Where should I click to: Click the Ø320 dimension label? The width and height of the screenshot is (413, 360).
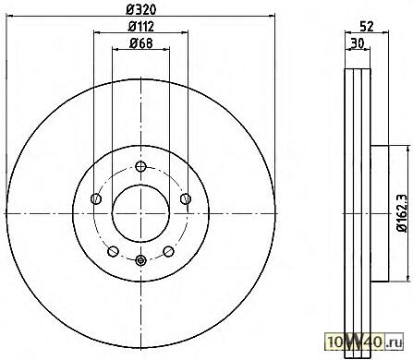pos(141,9)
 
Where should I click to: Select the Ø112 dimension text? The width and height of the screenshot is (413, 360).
pos(141,27)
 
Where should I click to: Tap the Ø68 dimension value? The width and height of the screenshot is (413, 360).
pos(141,43)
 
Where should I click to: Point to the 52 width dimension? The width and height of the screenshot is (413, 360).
pos(367,27)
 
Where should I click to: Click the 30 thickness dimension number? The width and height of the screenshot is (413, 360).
pos(358,43)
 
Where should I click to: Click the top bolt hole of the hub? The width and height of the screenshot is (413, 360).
pos(140,167)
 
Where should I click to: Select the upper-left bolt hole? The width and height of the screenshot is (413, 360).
pos(96,198)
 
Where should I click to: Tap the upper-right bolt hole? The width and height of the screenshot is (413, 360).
pos(186,198)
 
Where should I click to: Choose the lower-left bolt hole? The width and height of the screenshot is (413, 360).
pos(113,251)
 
